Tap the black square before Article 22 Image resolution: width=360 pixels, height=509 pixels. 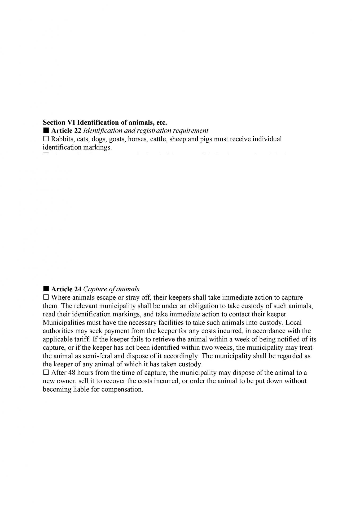tap(46, 130)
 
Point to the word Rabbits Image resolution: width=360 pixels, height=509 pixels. tap(63, 139)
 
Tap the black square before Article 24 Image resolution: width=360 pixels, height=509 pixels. tap(46, 289)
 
